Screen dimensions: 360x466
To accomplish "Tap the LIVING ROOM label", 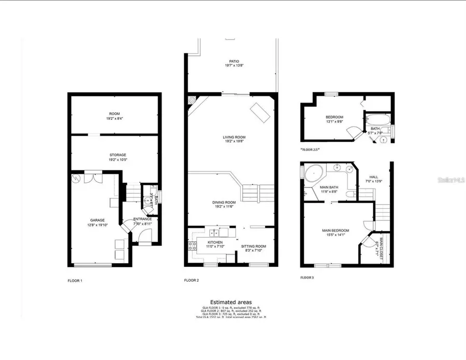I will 234,137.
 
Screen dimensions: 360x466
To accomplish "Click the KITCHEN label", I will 215,242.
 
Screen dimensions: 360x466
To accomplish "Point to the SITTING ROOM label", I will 254,246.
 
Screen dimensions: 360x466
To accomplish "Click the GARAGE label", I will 97,220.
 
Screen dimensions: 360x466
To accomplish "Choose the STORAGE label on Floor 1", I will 118,155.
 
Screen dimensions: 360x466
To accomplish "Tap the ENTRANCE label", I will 142,219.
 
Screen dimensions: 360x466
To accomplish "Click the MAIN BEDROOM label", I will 336,231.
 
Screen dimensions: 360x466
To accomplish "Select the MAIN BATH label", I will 328,187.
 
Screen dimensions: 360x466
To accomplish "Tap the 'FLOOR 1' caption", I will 75,281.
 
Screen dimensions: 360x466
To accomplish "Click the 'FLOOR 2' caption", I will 191,281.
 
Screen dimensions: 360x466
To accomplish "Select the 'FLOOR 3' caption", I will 307,278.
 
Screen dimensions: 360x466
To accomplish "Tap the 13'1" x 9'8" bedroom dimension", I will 335,122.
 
